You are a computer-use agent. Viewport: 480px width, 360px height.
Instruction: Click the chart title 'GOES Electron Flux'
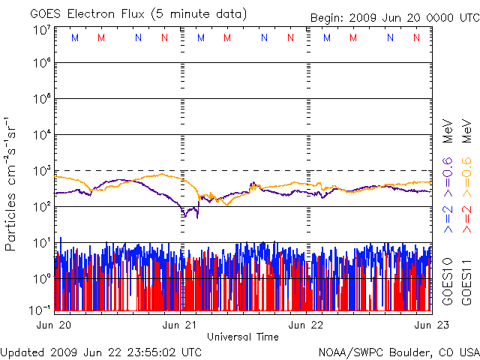coord(87,14)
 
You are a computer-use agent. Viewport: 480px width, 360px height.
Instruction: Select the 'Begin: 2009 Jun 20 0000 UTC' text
coord(395,18)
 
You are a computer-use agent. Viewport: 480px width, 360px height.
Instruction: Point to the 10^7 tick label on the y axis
coord(42,31)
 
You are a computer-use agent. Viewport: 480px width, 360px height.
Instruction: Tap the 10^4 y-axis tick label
coord(42,135)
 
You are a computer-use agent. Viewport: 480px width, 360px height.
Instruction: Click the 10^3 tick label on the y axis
coord(42,171)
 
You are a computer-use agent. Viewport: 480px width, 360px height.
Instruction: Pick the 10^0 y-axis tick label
coord(42,279)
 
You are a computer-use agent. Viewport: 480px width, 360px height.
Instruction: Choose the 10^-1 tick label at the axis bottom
coord(40,310)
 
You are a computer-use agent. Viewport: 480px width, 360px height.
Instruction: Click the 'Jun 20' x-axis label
coord(54,325)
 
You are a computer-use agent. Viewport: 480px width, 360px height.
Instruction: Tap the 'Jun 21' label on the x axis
coord(179,325)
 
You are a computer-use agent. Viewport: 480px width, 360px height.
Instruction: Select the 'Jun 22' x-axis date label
coord(305,325)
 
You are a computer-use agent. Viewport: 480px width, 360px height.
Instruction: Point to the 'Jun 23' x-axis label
coord(432,325)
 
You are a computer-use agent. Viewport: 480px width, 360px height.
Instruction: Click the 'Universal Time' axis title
coord(243,337)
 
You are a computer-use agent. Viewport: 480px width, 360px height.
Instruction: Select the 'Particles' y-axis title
coord(10,222)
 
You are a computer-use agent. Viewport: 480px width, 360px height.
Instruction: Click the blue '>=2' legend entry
coord(448,219)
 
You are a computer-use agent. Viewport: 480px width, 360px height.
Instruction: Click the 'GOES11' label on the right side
coord(466,282)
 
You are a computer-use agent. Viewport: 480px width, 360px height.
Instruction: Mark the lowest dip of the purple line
coord(197,218)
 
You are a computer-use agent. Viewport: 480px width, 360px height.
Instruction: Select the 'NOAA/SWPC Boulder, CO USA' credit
coord(399,352)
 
